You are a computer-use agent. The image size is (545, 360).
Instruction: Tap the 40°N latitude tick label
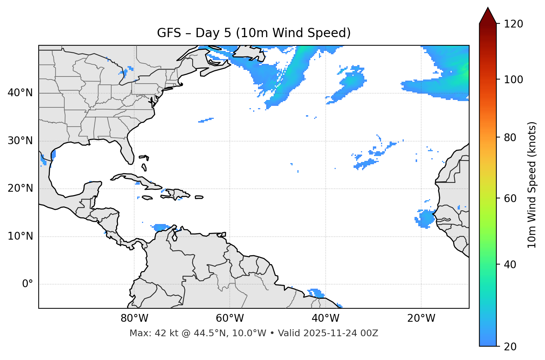(20, 93)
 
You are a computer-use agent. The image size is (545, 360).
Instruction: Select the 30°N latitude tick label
(20, 141)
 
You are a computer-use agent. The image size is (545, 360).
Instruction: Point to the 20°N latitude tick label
(20, 188)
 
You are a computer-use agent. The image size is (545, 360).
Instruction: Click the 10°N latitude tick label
(20, 236)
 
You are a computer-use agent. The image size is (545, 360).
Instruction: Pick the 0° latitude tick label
(27, 284)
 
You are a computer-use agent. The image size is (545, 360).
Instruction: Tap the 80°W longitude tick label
(134, 318)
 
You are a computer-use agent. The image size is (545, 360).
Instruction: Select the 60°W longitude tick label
(230, 318)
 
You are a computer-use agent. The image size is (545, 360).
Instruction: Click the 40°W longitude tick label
(325, 318)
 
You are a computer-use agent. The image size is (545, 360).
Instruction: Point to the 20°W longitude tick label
(421, 318)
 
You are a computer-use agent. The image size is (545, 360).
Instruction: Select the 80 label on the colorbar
(510, 137)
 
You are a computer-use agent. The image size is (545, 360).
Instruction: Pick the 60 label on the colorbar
(510, 198)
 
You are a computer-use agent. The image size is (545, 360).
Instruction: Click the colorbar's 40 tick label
(510, 265)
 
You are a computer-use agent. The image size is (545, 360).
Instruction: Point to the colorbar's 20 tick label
(510, 347)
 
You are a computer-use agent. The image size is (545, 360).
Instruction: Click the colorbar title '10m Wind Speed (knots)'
(532, 185)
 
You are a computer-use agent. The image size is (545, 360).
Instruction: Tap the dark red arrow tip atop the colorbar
(488, 15)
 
